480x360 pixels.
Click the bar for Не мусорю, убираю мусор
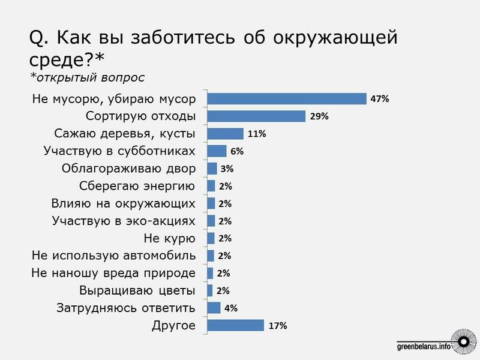click(286, 99)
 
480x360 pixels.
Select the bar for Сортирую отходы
click(256, 116)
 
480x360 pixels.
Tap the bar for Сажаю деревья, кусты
click(225, 134)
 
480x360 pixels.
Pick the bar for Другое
click(235, 325)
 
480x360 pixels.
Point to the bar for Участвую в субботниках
click(217, 151)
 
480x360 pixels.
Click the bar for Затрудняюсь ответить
click(214, 308)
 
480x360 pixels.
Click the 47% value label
click(380, 99)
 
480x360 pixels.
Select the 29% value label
click(319, 116)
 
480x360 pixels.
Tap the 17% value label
click(278, 326)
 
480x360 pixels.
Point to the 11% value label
click(257, 134)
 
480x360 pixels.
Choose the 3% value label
click(227, 169)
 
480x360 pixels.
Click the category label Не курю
click(171, 238)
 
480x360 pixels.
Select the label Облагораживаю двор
click(129, 169)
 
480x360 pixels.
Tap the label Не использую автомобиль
click(114, 256)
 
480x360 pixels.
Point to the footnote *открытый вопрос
click(87, 78)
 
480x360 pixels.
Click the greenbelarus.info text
click(424, 346)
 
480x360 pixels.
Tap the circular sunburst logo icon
click(462, 343)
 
